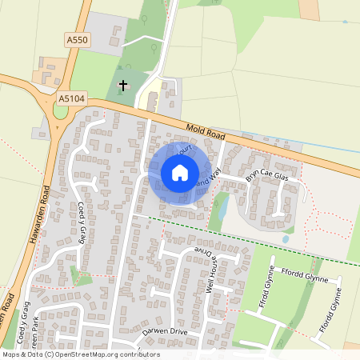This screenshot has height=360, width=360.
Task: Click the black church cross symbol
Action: point(123,84)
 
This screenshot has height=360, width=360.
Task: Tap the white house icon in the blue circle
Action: point(179,172)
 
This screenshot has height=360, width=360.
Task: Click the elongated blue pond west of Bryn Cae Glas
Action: point(223,207)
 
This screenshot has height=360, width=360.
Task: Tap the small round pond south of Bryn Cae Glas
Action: point(286,238)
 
